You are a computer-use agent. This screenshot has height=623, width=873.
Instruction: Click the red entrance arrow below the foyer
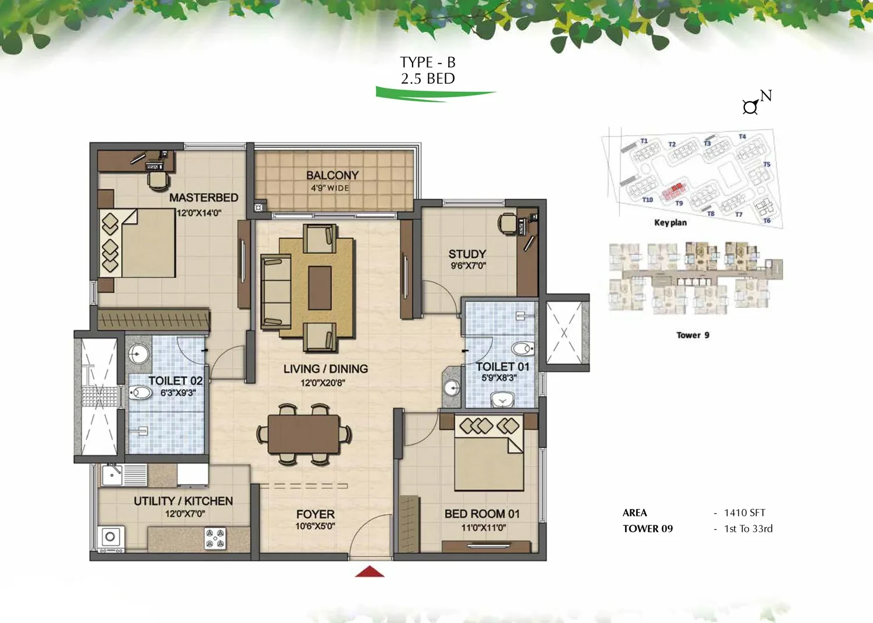coord(370,571)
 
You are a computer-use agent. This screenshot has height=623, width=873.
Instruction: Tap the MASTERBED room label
coord(204,198)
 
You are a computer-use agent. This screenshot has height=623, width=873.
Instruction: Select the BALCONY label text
coord(332,175)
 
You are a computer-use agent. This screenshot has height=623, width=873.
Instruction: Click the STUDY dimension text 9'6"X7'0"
coord(468,266)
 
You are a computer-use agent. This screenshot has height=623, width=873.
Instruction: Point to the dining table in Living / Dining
coord(304,434)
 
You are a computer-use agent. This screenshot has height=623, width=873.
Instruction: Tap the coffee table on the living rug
coord(320,288)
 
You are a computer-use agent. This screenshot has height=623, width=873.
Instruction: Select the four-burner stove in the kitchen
coord(215,539)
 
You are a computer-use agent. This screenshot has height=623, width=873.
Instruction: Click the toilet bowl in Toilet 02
coord(140,392)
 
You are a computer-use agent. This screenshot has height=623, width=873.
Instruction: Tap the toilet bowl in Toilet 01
coord(523,348)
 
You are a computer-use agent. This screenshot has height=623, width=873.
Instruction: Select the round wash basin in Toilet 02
coord(139,354)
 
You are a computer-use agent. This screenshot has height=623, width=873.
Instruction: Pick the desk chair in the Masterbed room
coord(158,181)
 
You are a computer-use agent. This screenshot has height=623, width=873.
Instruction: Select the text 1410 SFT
coord(745,512)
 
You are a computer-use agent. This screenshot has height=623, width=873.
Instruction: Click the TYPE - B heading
coord(428,62)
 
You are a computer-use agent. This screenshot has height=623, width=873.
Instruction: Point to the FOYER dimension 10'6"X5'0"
coord(315,526)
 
